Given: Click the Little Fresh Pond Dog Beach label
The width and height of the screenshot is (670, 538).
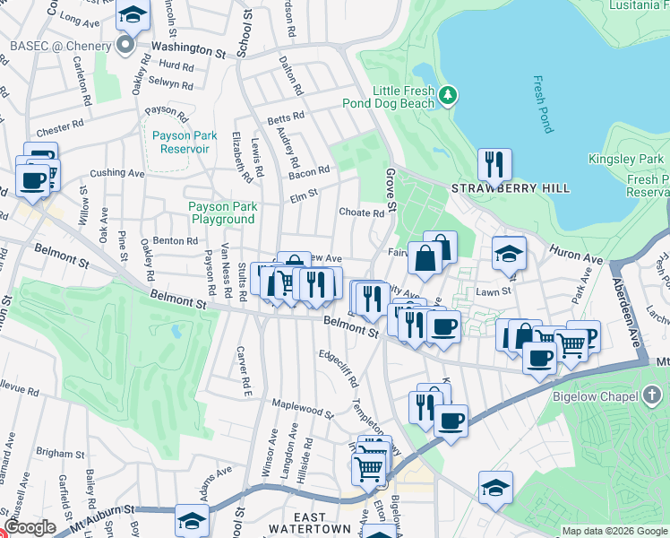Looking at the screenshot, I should coord(403,97).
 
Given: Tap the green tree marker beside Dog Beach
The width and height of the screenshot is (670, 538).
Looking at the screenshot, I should coord(448,93).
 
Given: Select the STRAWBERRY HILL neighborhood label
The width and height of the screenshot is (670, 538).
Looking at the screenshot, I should coord(510,189).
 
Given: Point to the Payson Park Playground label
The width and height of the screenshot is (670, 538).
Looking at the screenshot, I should coord(222,213).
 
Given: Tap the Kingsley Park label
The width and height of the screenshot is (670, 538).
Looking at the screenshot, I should coord(626,160).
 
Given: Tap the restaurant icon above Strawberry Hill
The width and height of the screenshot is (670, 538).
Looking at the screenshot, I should coord(494,164).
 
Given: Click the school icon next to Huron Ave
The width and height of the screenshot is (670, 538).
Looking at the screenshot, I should coord(508,253).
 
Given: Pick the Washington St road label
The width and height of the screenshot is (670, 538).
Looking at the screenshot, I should coord(188,49).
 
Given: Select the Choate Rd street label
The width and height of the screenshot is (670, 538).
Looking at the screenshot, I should coord(361,213).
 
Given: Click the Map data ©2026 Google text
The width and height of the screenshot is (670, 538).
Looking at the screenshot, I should coord(614,531).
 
